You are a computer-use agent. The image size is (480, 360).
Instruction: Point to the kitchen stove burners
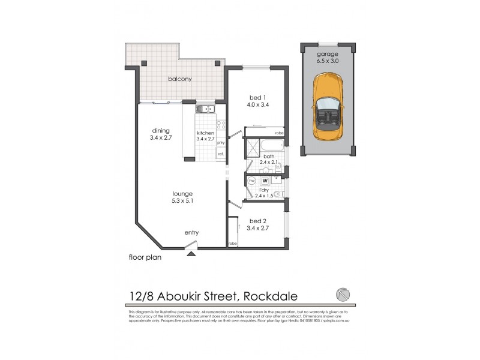(220, 125)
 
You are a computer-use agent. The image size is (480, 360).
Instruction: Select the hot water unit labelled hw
(252, 180)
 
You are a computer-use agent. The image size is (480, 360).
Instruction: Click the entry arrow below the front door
(191, 254)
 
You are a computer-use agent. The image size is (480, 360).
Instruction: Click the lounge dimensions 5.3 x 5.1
(182, 202)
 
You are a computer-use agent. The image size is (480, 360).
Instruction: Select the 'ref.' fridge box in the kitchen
(221, 154)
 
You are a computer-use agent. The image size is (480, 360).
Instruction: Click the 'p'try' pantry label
(220, 142)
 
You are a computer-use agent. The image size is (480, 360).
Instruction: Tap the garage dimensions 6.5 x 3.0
(328, 60)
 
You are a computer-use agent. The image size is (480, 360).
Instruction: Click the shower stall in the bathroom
(251, 146)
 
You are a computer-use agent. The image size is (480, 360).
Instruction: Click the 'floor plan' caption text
(145, 257)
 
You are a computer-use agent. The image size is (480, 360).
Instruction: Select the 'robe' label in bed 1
(279, 133)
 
